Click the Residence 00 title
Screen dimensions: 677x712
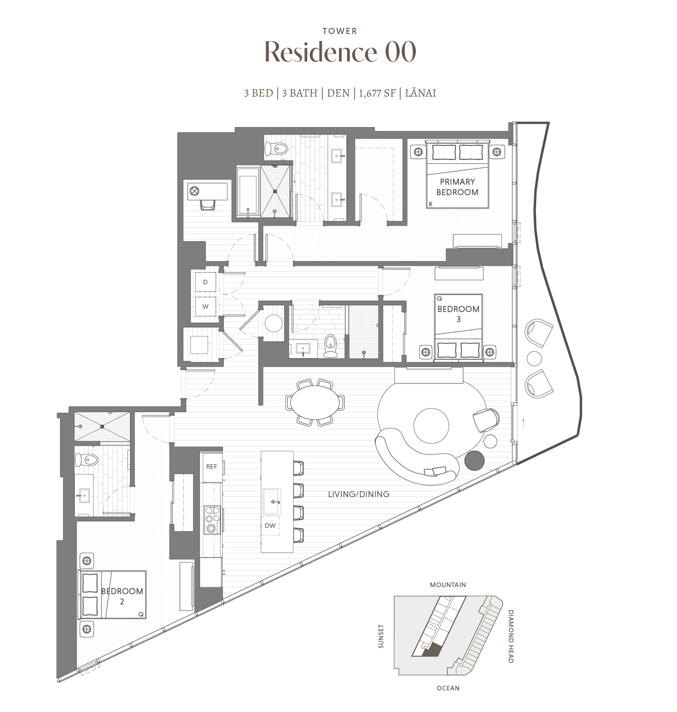click(x=340, y=52)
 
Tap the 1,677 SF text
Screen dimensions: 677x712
click(x=377, y=93)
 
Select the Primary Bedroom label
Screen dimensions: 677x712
click(x=457, y=187)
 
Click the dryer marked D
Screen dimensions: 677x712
click(x=205, y=282)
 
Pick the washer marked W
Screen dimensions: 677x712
click(x=205, y=306)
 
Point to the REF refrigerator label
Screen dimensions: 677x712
click(x=211, y=466)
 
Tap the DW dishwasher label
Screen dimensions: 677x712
click(x=270, y=525)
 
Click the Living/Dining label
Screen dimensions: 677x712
click(x=358, y=494)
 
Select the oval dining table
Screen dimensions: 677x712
click(x=315, y=402)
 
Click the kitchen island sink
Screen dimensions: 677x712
click(x=272, y=501)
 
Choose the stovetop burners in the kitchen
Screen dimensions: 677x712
click(x=212, y=520)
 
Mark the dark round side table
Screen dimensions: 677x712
click(x=474, y=461)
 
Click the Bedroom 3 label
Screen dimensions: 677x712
click(x=458, y=314)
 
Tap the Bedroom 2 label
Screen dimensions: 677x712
click(x=122, y=596)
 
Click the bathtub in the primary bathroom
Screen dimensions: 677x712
click(x=248, y=191)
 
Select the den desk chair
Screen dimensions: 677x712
click(x=208, y=205)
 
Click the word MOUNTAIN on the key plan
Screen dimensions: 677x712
click(x=448, y=585)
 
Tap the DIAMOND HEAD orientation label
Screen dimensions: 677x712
click(x=510, y=636)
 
